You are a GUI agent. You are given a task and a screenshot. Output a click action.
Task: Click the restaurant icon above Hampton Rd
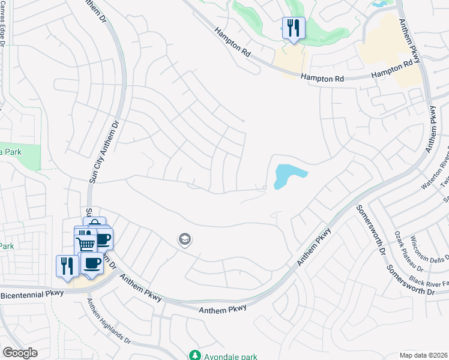click(294, 28)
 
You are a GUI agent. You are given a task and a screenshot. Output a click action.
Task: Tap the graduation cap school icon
click(185, 240)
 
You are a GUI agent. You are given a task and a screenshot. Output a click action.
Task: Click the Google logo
click(20, 352)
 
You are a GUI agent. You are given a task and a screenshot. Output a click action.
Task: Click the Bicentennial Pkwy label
click(31, 295)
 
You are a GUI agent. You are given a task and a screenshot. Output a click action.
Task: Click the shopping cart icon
click(85, 243)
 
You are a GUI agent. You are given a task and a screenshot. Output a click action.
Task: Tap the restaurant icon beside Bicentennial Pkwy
click(66, 266)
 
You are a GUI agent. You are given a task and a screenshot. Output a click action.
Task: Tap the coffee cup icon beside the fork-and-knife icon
click(92, 263)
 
